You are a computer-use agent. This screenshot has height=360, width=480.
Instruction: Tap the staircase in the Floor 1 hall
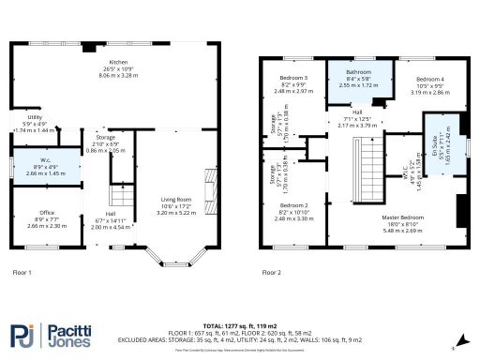tap(118, 196)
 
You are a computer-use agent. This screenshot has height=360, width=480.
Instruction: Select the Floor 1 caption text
tap(22, 272)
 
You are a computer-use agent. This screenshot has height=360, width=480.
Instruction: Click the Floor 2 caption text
tap(272, 272)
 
